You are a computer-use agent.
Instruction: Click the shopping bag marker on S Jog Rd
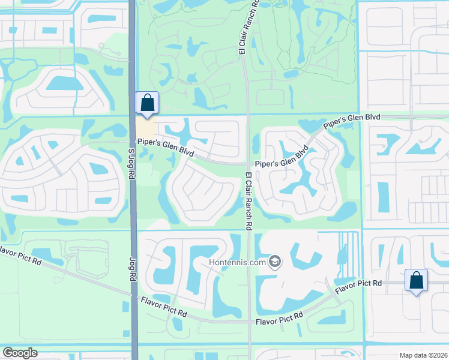pyautogui.click(x=147, y=104)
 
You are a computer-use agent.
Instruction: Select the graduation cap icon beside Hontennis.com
pyautogui.click(x=275, y=262)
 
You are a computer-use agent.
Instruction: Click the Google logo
pyautogui.click(x=20, y=353)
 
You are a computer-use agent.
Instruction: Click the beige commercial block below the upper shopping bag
pyautogui.click(x=145, y=127)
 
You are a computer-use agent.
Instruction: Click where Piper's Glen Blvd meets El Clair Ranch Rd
pyautogui.click(x=247, y=163)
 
